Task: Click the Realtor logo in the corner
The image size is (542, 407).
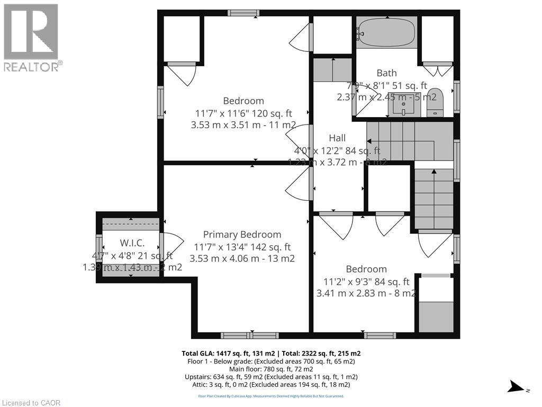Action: [x=32, y=38]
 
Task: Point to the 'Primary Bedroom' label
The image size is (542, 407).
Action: [x=242, y=235]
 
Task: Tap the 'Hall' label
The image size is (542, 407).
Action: [x=337, y=138]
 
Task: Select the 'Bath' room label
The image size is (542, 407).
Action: [x=386, y=73]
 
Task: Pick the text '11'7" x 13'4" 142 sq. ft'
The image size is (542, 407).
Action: [x=242, y=247]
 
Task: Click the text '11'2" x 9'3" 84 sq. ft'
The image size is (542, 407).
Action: [x=364, y=281]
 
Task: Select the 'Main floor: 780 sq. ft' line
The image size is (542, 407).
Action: [x=270, y=369]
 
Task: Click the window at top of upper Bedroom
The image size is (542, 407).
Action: [x=243, y=13]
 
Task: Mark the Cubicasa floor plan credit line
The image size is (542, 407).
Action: [x=270, y=396]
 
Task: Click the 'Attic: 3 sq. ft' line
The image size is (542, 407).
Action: [x=270, y=384]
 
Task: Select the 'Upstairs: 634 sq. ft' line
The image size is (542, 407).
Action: [x=270, y=377]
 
